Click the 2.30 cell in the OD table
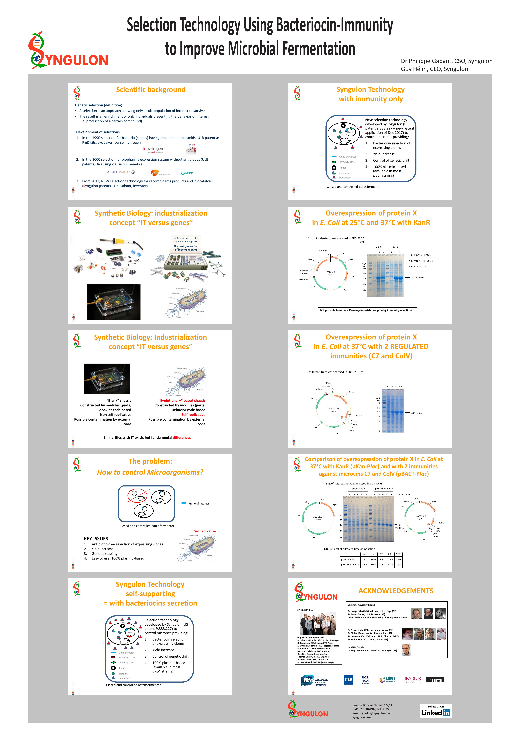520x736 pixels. pyautogui.click(x=398, y=559)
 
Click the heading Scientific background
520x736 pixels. pyautogui.click(x=150, y=90)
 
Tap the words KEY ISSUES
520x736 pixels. pyautogui.click(x=96, y=539)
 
